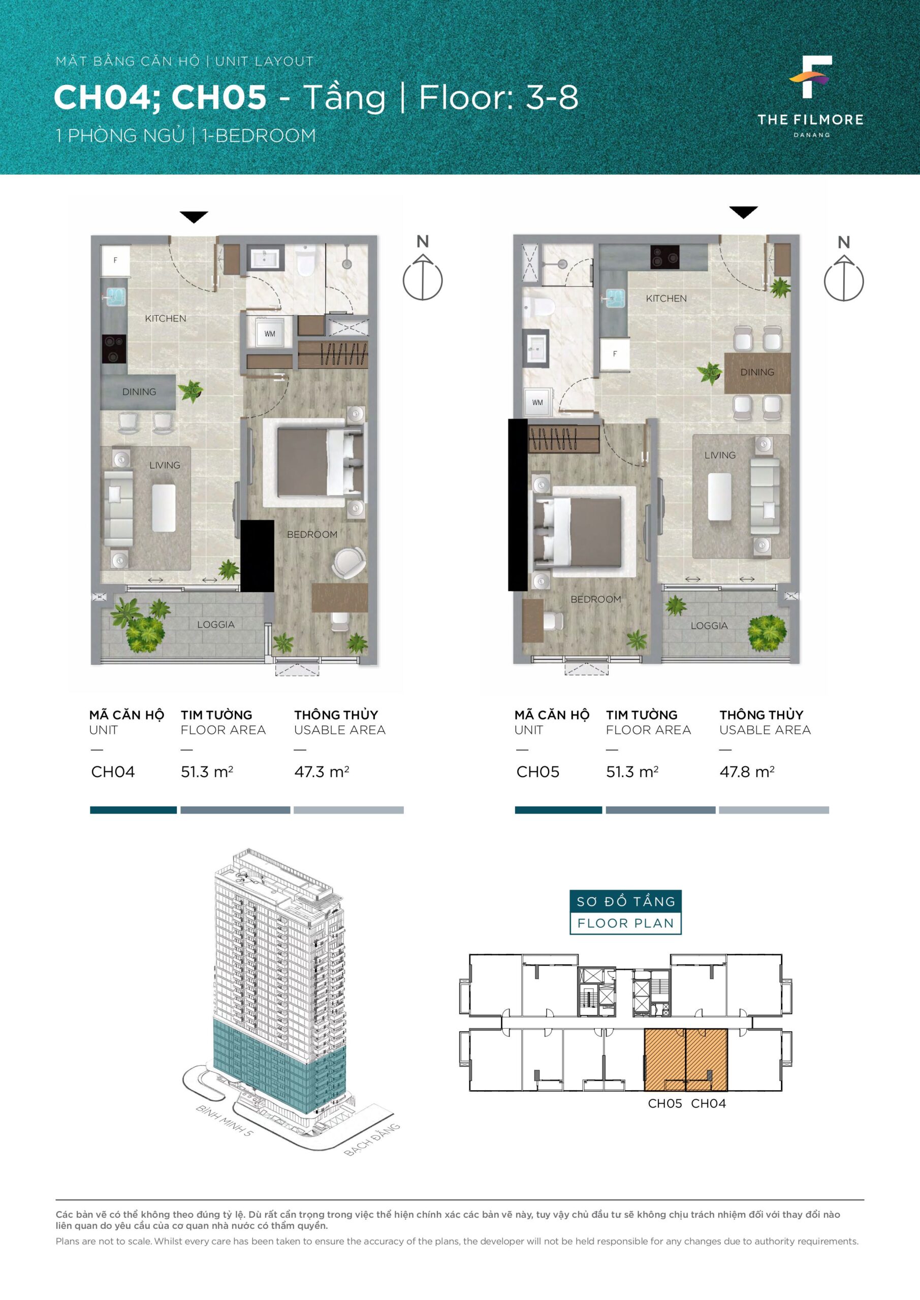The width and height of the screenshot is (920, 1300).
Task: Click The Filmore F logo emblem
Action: point(811,77)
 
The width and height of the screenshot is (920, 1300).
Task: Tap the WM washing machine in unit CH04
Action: point(270,334)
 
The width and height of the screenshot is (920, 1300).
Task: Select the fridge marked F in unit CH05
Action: point(615,354)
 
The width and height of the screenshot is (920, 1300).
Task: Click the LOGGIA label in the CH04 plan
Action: point(216,625)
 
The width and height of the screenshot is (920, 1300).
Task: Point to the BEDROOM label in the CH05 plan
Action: point(595,599)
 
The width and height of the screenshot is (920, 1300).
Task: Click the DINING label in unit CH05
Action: point(757,372)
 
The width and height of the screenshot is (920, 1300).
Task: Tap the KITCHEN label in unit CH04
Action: point(166,318)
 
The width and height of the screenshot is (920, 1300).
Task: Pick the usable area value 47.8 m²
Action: point(747,772)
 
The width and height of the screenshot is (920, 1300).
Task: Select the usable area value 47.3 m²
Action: point(321,772)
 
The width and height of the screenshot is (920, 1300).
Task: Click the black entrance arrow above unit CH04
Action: point(194,217)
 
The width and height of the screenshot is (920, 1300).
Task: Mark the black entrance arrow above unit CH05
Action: point(743,212)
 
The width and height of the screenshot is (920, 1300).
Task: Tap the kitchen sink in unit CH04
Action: point(114,296)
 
